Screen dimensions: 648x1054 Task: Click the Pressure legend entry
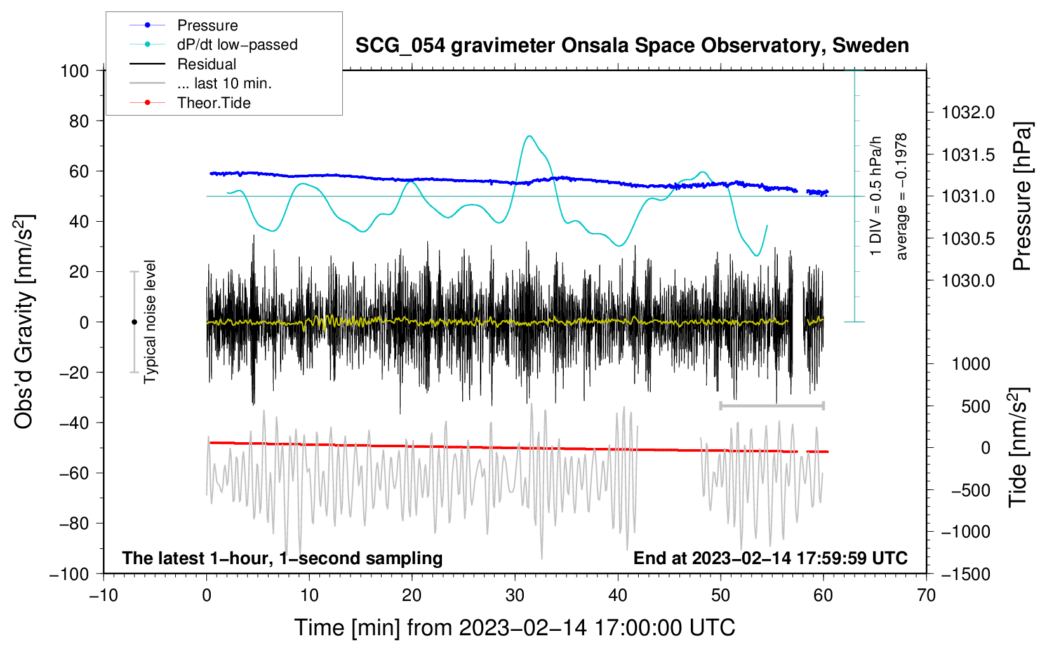click(207, 25)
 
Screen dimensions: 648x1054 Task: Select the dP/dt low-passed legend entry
click(237, 44)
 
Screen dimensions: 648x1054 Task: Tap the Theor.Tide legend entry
click(213, 103)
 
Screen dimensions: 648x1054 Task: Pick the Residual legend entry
click(206, 64)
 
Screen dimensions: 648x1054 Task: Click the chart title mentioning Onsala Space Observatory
click(632, 46)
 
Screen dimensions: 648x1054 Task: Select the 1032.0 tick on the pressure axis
click(968, 112)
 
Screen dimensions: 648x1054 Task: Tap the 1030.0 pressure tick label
click(968, 280)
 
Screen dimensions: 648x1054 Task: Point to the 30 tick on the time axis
click(515, 595)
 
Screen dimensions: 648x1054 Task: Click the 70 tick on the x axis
click(926, 595)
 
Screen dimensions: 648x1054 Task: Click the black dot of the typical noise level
click(134, 322)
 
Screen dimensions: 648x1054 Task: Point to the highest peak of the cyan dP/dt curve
click(529, 136)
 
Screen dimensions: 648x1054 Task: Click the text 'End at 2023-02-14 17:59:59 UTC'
click(770, 558)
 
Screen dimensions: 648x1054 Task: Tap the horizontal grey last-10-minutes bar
click(771, 405)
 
